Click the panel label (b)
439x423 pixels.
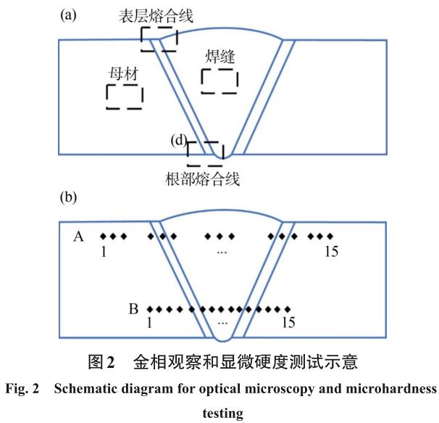click(x=69, y=197)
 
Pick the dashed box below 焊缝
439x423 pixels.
click(x=219, y=82)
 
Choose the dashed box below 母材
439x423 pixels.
click(x=125, y=96)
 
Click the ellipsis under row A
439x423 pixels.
click(x=222, y=250)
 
